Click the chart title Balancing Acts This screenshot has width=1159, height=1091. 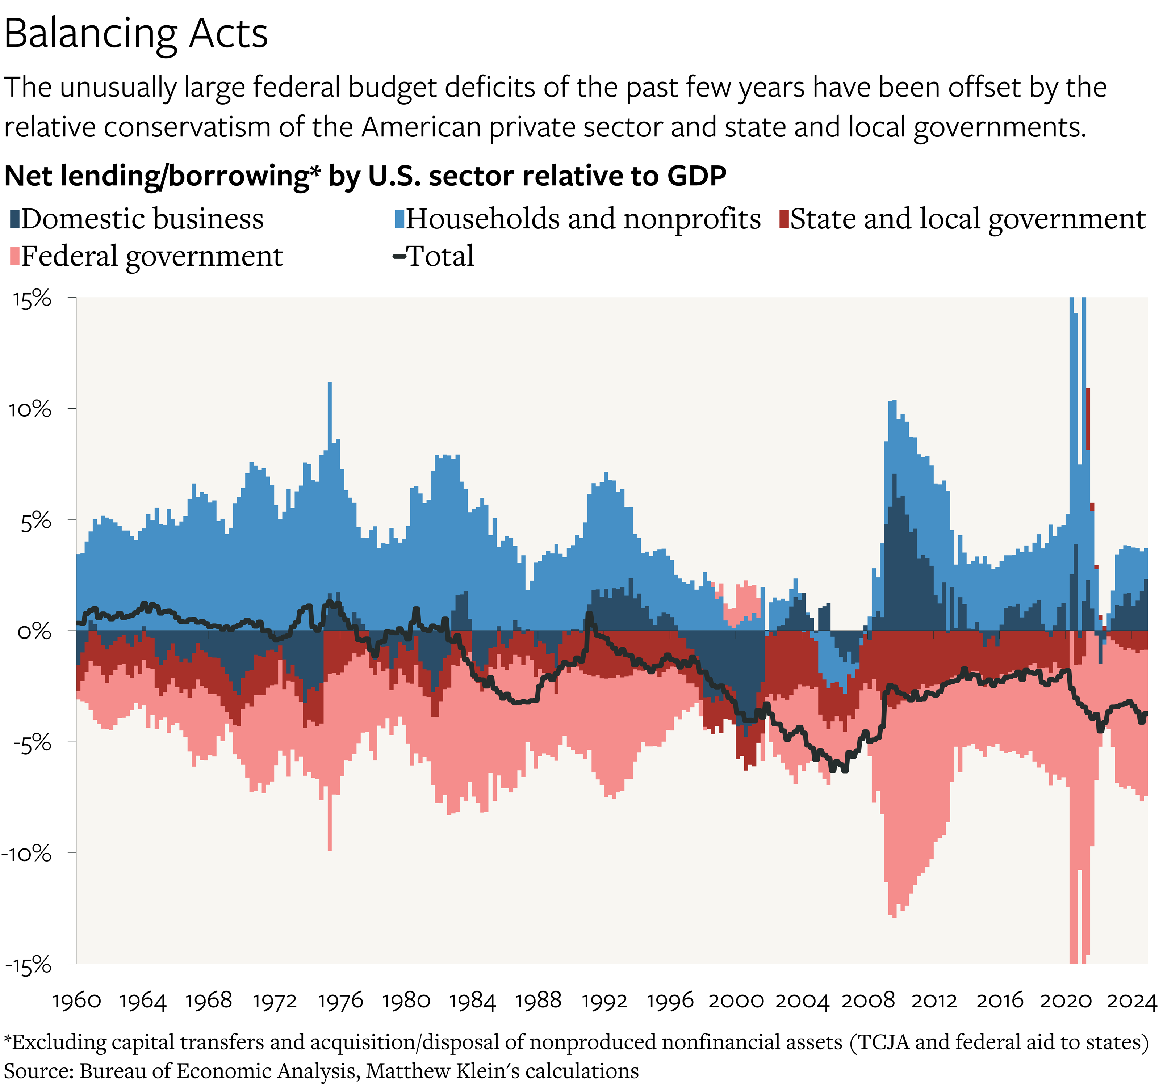pyautogui.click(x=136, y=34)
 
